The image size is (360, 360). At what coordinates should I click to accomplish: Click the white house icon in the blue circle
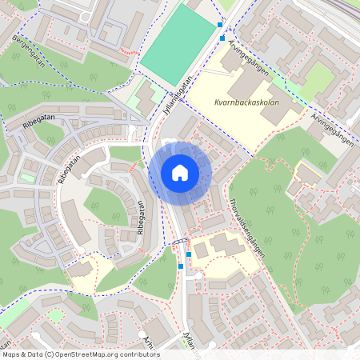coord(180,173)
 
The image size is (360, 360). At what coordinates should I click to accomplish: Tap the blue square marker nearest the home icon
coord(188,254)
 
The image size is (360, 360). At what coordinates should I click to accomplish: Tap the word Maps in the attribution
coord(11,354)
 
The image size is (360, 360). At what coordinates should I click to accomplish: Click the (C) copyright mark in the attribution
coord(50,354)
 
